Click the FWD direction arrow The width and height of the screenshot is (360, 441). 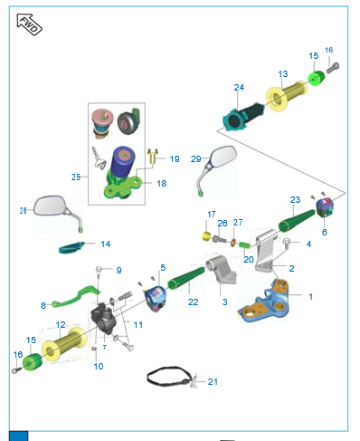tap(29, 24)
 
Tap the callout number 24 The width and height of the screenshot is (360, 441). tap(239, 88)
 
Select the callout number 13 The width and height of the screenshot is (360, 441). tap(283, 74)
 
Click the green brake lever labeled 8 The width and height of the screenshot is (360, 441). tap(75, 296)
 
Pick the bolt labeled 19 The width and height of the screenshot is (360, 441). tap(154, 156)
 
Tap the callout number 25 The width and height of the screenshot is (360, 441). tap(76, 177)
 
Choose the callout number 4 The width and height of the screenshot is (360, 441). tap(308, 244)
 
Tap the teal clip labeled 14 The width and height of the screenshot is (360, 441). tap(71, 247)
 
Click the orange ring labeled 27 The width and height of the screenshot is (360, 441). tap(233, 243)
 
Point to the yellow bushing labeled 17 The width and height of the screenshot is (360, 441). tap(206, 236)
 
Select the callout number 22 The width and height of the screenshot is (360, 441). tap(193, 302)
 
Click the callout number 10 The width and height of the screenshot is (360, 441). tap(99, 367)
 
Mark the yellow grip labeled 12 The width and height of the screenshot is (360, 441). tap(63, 344)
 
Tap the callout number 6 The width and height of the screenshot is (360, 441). tap(325, 232)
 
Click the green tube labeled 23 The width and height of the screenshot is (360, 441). tap(297, 221)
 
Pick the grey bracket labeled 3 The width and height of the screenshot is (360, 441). tap(222, 270)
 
